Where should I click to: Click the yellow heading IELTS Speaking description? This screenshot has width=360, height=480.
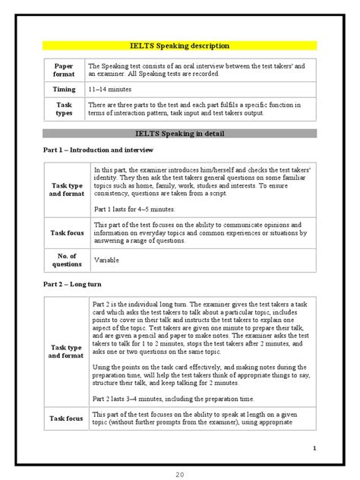[180, 46]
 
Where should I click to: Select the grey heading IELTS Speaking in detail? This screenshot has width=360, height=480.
[180, 133]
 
